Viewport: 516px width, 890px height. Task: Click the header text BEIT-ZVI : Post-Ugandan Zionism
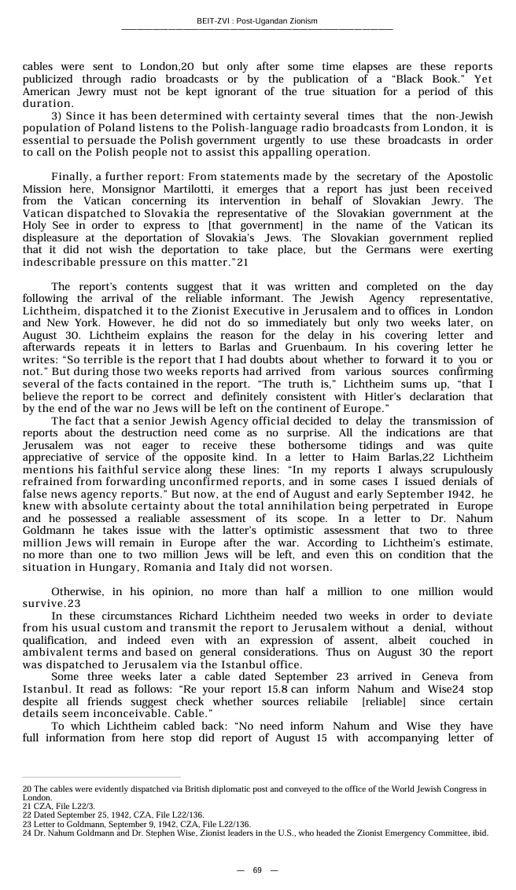click(x=257, y=21)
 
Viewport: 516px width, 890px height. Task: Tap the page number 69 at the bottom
click(x=257, y=870)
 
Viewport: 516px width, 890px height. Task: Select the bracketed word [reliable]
click(x=384, y=701)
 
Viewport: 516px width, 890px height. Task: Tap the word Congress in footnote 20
click(x=452, y=788)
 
